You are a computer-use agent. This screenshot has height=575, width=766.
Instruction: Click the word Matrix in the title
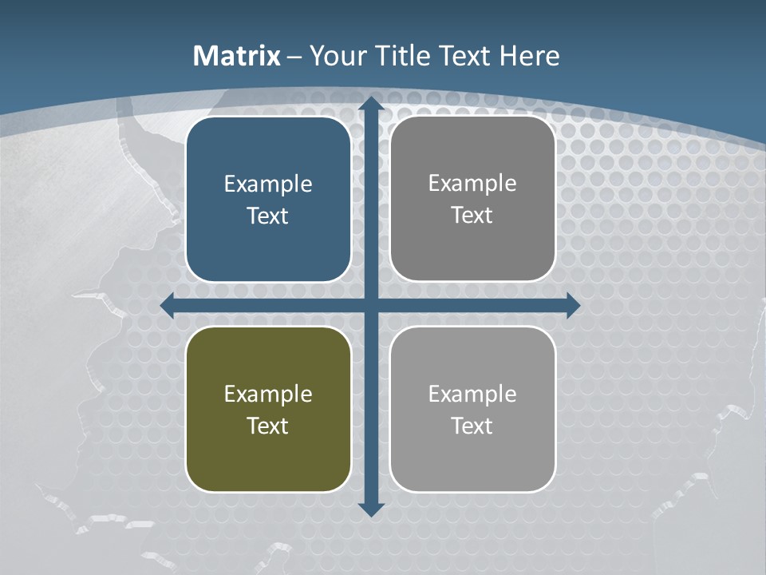(x=237, y=56)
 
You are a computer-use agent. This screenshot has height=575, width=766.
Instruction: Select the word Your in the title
(x=337, y=56)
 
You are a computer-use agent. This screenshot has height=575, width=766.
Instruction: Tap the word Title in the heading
(x=401, y=56)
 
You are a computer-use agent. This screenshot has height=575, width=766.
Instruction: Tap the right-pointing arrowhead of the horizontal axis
(x=572, y=305)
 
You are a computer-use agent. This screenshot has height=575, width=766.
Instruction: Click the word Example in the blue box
(x=268, y=184)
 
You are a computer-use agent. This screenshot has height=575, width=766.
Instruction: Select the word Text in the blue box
(x=268, y=216)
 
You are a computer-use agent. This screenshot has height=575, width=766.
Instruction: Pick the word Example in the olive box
(x=268, y=394)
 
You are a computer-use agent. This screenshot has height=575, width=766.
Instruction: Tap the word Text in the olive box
(x=268, y=426)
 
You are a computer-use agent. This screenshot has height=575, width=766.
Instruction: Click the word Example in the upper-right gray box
(x=472, y=183)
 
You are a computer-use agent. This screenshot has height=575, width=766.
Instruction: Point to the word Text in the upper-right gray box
(x=472, y=215)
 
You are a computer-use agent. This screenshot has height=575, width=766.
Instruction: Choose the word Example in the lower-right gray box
(x=472, y=394)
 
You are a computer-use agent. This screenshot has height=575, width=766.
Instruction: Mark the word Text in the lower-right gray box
(x=472, y=426)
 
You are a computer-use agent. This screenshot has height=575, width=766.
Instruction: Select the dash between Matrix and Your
(x=294, y=57)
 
